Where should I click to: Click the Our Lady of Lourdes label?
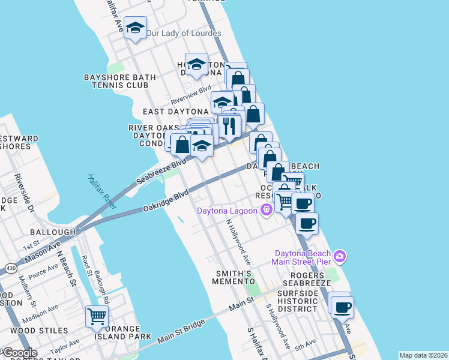[184, 34]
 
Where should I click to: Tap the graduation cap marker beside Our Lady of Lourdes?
[136, 28]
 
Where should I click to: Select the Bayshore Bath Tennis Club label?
[120, 82]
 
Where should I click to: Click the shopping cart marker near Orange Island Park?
[97, 316]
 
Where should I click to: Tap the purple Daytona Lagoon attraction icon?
[265, 210]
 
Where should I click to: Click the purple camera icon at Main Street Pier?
[340, 257]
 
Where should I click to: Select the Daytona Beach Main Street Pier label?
[303, 257]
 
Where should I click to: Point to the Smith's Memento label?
[237, 277]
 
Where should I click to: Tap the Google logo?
[20, 353]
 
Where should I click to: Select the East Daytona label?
[175, 112]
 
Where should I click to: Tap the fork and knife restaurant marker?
[229, 125]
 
